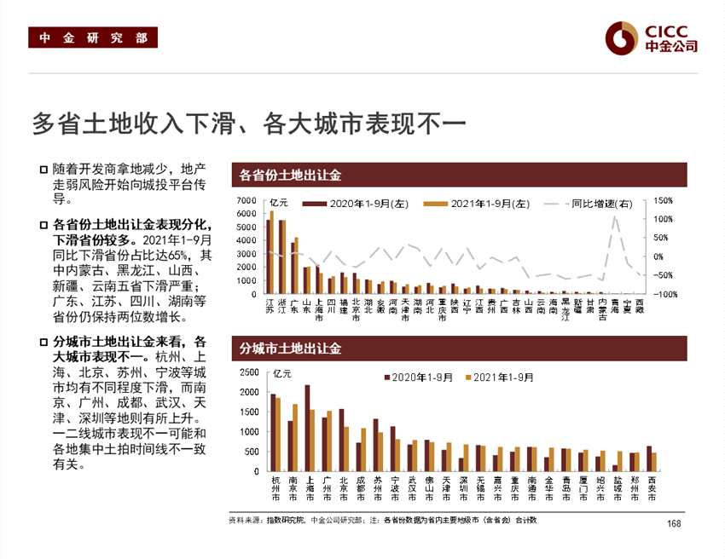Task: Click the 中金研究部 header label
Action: click(93, 38)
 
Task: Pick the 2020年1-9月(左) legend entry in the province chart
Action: click(351, 204)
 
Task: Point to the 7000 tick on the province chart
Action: click(246, 201)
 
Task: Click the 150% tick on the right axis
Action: click(663, 201)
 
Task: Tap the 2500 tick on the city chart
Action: click(250, 373)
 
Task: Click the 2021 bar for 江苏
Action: click(272, 252)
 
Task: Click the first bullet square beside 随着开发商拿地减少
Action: click(43, 169)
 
